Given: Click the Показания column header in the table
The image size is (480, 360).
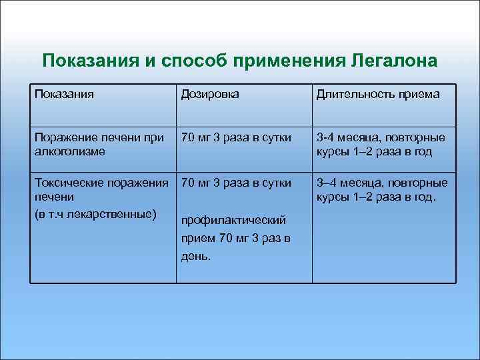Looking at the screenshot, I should (65, 95).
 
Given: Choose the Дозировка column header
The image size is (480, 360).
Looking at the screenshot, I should (210, 95).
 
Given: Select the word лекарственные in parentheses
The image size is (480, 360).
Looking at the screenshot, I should (112, 213).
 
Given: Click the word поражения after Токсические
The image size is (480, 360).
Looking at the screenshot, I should (135, 183).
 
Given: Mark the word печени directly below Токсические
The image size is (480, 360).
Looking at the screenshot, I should (52, 198).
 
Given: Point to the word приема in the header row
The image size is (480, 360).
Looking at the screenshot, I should (419, 95).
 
